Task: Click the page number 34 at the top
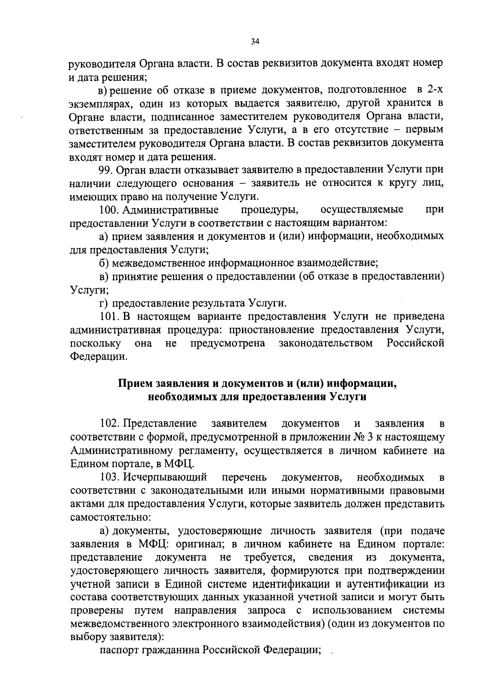tap(255, 41)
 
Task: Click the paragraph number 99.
tap(107, 170)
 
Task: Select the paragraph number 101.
tap(109, 317)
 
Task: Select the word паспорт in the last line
tap(119, 651)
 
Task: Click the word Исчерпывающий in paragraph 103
tap(166, 477)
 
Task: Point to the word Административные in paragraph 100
tap(170, 210)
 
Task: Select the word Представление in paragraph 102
tap(160, 424)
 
